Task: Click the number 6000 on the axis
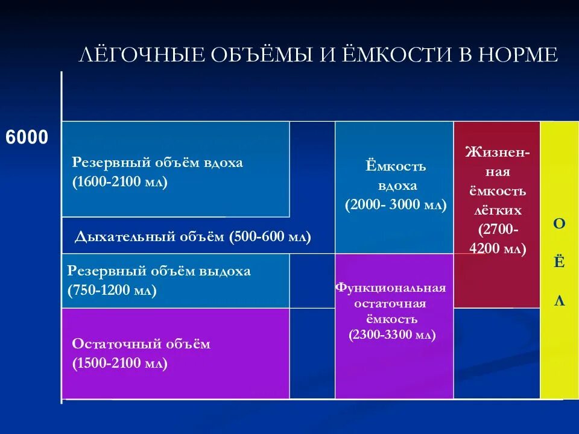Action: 27,137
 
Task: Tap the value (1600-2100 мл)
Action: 120,182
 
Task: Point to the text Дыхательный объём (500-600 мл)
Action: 193,237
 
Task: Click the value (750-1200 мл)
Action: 112,291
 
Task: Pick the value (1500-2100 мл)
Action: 120,363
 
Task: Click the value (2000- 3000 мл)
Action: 396,205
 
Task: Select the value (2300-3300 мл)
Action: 392,335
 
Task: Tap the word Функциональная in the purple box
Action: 391,288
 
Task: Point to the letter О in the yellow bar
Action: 560,224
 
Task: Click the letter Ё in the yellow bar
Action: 560,263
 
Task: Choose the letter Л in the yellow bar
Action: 560,301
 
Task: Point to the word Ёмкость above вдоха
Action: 396,166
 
